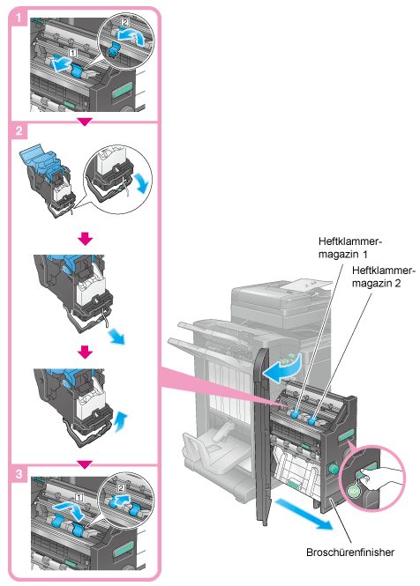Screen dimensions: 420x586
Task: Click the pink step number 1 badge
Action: pyautogui.click(x=18, y=18)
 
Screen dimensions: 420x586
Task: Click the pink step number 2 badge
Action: pyautogui.click(x=19, y=130)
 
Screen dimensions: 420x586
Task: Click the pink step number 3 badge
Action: pyautogui.click(x=19, y=474)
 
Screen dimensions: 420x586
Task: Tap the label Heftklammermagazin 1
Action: pyautogui.click(x=349, y=248)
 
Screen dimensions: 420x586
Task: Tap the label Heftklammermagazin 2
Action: pyautogui.click(x=383, y=277)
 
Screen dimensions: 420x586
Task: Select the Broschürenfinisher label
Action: pyautogui.click(x=350, y=553)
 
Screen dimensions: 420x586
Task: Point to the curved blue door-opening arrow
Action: pyautogui.click(x=281, y=369)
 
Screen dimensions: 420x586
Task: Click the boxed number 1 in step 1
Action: pyautogui.click(x=73, y=53)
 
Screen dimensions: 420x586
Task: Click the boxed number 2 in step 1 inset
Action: pyautogui.click(x=124, y=22)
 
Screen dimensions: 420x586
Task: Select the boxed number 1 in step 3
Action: pyautogui.click(x=79, y=497)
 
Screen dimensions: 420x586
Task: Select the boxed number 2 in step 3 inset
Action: pyautogui.click(x=121, y=487)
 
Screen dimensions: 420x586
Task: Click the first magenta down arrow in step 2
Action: pyautogui.click(x=86, y=239)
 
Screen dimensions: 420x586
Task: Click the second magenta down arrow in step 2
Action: pyautogui.click(x=86, y=352)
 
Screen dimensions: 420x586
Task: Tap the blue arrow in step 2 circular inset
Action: pyautogui.click(x=143, y=182)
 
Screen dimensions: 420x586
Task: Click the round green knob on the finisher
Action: pyautogui.click(x=333, y=468)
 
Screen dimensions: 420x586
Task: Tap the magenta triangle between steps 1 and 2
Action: pyautogui.click(x=85, y=122)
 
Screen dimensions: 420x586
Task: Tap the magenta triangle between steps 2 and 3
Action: pyautogui.click(x=85, y=464)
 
